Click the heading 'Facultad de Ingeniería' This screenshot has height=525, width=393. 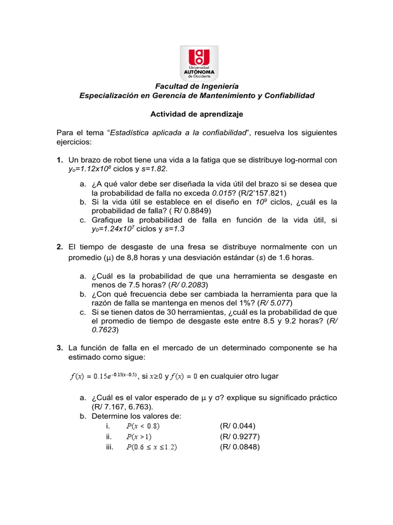(x=197, y=86)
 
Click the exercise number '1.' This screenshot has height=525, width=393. (x=60, y=160)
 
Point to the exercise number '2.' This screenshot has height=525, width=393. (x=60, y=247)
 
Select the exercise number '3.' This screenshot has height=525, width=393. (x=60, y=348)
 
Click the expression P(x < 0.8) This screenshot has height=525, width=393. (x=146, y=426)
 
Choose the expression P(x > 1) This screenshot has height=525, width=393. (x=139, y=437)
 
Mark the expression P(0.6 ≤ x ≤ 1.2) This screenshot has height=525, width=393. (x=151, y=447)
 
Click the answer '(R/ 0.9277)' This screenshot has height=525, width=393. (x=240, y=437)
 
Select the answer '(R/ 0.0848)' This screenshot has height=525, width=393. (x=240, y=447)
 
